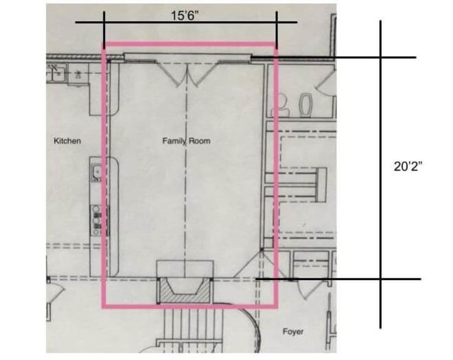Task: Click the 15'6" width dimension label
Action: (x=185, y=15)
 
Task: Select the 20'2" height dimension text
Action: (x=408, y=166)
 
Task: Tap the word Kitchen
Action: (x=67, y=141)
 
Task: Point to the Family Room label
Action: (x=186, y=141)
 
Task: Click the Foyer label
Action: (x=293, y=331)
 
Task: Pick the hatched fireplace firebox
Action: (x=184, y=290)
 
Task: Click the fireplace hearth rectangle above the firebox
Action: (x=185, y=268)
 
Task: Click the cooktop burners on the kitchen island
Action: (x=96, y=220)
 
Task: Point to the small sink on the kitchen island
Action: (x=97, y=173)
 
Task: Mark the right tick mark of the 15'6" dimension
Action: (x=276, y=30)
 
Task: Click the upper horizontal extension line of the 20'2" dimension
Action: (x=333, y=58)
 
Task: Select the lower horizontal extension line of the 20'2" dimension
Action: (x=338, y=279)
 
